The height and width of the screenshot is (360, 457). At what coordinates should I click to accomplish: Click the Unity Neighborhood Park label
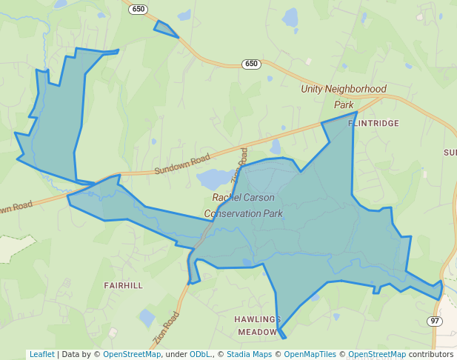344,96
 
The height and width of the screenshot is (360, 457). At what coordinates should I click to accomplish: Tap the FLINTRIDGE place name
373,123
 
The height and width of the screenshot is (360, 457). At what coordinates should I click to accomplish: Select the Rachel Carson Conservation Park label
244,205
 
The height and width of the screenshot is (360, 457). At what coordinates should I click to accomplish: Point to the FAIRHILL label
123,285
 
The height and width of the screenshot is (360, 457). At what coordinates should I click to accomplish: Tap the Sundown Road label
182,164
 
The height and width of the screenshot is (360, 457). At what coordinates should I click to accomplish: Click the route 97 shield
435,321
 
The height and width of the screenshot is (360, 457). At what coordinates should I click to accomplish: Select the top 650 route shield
137,9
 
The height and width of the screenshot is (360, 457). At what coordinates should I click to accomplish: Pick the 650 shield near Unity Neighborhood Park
251,64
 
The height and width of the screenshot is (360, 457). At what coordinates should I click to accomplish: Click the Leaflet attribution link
41,354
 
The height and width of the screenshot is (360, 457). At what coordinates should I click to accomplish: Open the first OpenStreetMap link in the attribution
132,354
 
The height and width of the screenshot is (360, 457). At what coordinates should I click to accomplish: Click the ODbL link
200,354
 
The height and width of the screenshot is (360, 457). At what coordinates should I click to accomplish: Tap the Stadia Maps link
249,354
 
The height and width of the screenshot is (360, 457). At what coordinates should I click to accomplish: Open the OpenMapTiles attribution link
310,354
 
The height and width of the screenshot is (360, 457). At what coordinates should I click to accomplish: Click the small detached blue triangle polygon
164,29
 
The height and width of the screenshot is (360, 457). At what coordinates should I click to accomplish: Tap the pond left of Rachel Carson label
213,179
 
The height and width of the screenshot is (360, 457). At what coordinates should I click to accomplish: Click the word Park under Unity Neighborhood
344,104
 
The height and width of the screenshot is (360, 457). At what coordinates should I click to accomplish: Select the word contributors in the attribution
431,354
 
